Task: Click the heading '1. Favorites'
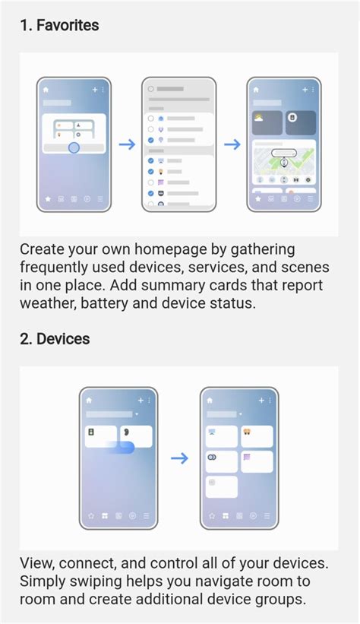pyautogui.click(x=59, y=25)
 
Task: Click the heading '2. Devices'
pyautogui.click(x=55, y=338)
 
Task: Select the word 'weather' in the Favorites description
pyautogui.click(x=50, y=302)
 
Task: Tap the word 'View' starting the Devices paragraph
pyautogui.click(x=37, y=563)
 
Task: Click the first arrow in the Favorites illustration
pyautogui.click(x=127, y=144)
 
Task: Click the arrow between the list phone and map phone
pyautogui.click(x=232, y=144)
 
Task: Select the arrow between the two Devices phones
pyautogui.click(x=179, y=458)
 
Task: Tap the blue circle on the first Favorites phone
pyautogui.click(x=74, y=147)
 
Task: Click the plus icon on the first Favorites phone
pyautogui.click(x=94, y=89)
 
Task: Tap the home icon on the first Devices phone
pyautogui.click(x=89, y=400)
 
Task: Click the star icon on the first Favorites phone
pyautogui.click(x=46, y=199)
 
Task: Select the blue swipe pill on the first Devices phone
pyautogui.click(x=122, y=448)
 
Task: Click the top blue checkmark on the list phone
pyautogui.click(x=151, y=141)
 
